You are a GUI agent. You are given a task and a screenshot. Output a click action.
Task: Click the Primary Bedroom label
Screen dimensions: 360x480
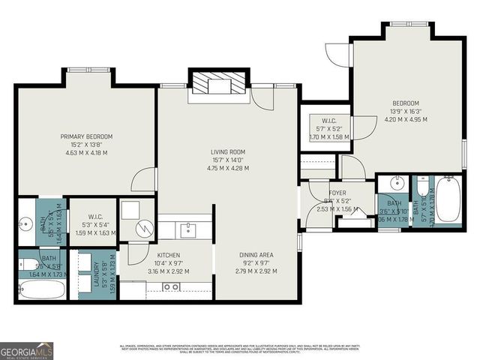pos(86,136)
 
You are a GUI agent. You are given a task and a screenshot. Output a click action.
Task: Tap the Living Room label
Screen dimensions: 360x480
pos(227,151)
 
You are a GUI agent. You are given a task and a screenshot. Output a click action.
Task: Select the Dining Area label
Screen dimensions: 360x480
pos(256,255)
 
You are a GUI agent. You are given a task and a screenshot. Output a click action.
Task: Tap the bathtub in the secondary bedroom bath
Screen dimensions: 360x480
pos(448,199)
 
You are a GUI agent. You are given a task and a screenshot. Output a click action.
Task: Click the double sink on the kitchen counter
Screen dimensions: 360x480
pos(172,286)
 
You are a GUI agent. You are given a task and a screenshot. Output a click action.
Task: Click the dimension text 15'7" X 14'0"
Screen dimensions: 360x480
pos(227,160)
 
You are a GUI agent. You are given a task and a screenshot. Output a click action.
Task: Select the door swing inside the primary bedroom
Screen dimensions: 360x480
pos(145,181)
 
